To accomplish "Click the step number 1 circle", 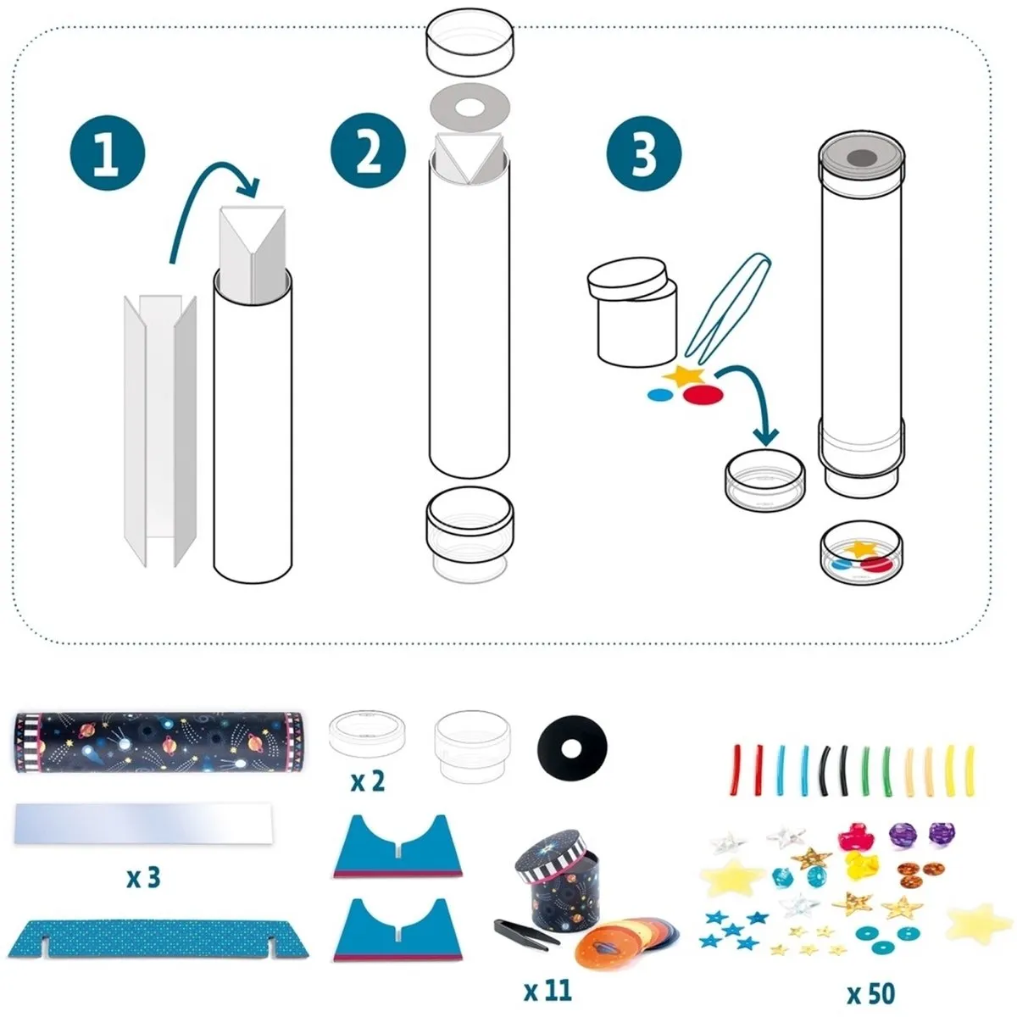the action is [107, 153].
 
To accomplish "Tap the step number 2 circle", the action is [368, 150].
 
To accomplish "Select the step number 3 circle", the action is [644, 153].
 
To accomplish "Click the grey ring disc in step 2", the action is [470, 108].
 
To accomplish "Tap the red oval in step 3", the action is [703, 394].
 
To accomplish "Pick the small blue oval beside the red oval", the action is [659, 394].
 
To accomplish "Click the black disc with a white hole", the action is [572, 748].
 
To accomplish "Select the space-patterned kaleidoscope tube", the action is [158, 742].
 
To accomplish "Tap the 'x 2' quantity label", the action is [367, 781].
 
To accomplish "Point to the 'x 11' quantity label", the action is [547, 991].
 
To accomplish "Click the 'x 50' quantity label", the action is [871, 994].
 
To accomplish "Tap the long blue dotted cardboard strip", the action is [158, 939].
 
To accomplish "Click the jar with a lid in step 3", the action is [632, 312].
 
